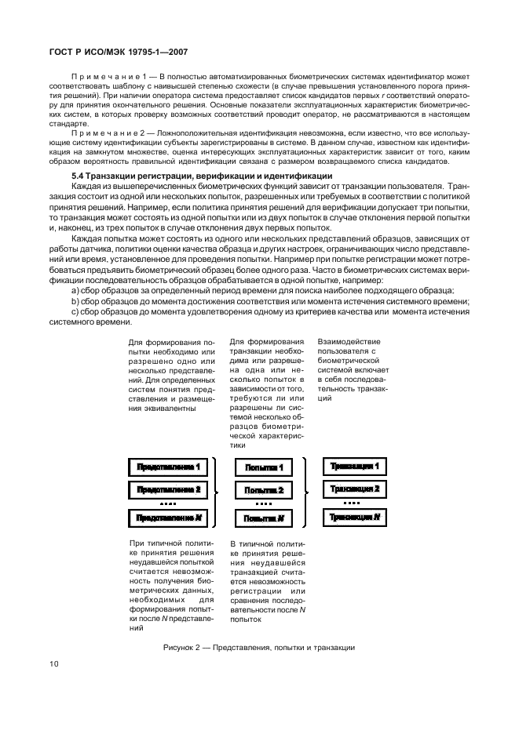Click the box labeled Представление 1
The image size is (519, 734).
[168, 467]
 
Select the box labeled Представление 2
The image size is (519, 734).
[168, 490]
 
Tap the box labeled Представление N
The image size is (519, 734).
[168, 518]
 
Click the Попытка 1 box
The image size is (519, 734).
[264, 467]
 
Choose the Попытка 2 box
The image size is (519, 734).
[264, 491]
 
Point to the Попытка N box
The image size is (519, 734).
[264, 518]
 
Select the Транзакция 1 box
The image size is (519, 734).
[355, 466]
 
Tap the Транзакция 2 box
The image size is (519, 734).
[355, 489]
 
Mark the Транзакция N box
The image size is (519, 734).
[355, 517]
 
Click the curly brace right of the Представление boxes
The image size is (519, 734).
[217, 492]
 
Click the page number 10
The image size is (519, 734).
[54, 663]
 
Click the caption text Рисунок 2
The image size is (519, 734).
[185, 647]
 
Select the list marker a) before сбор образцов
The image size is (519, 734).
[75, 290]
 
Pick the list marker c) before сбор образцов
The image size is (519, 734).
[75, 311]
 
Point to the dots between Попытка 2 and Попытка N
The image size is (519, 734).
[264, 504]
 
